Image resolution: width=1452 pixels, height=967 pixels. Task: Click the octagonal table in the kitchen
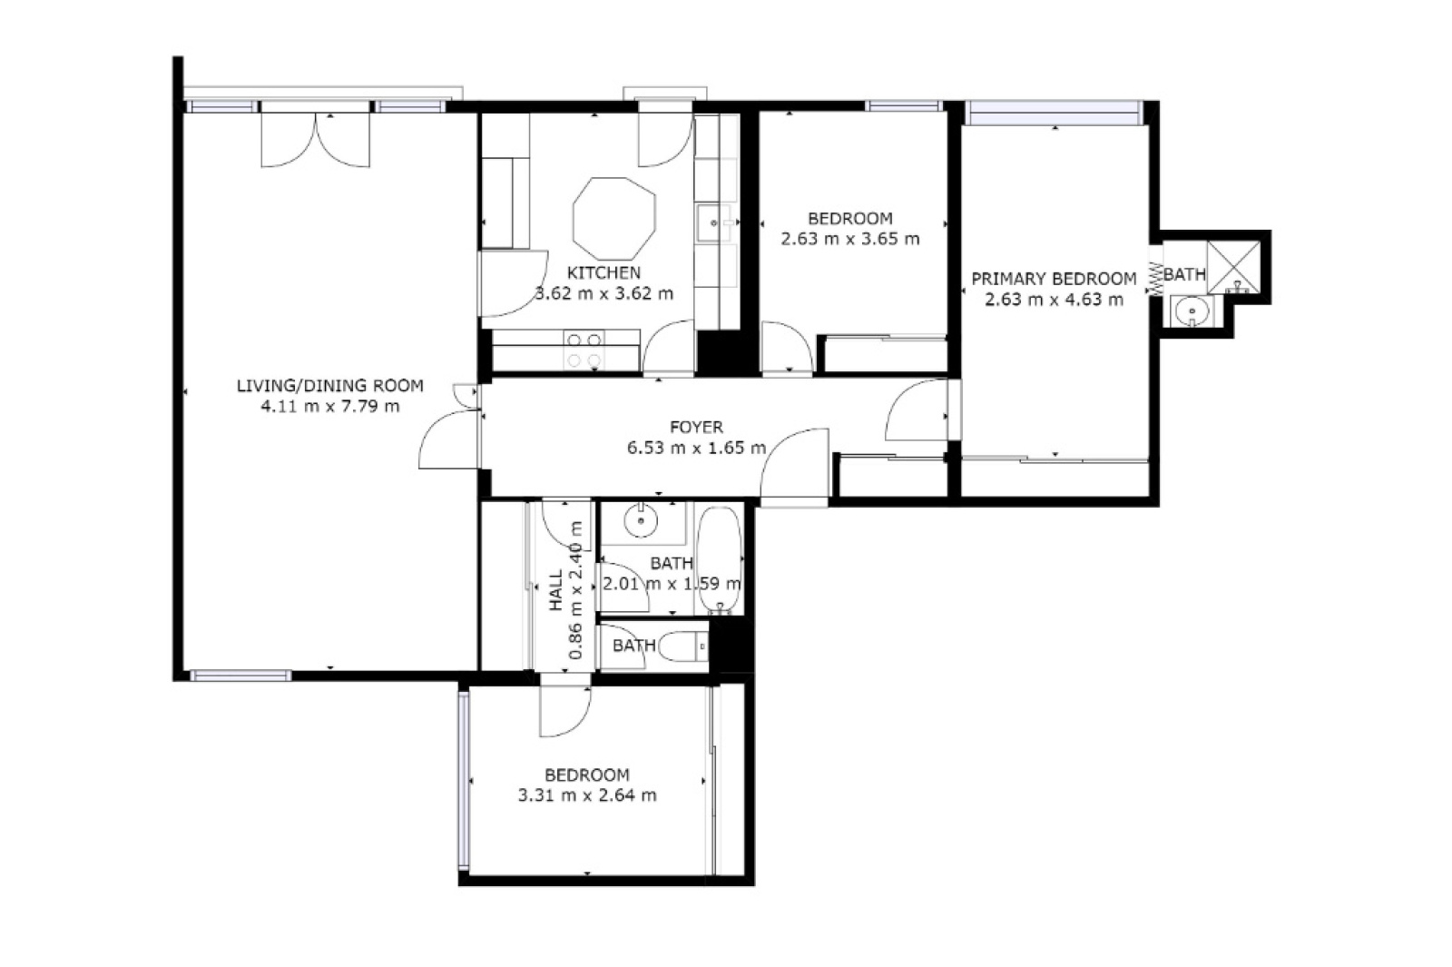pos(613,219)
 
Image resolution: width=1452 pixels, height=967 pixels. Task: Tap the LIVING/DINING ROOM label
pos(330,386)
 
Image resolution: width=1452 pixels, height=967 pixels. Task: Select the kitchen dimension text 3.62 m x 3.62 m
pos(604,294)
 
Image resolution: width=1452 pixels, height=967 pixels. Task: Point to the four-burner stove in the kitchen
pos(584,350)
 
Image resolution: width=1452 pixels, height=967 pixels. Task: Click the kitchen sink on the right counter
pos(713,222)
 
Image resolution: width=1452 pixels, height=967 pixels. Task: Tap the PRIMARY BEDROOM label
pos(1054,279)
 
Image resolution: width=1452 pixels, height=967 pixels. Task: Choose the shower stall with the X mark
pos(1233,267)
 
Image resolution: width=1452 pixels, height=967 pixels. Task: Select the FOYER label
pos(696,428)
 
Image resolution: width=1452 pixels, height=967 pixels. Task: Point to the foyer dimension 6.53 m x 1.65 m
pos(696,448)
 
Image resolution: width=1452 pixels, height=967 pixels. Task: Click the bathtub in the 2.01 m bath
pos(720,560)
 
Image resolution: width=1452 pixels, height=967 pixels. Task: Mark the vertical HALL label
pos(556,590)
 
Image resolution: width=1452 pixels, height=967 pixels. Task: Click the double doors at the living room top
pos(316,140)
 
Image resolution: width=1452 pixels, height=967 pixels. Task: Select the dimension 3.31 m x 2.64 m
pos(587,795)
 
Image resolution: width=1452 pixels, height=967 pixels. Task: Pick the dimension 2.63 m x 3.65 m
pos(849,239)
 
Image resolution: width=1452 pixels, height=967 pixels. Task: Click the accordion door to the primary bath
pos(1155,278)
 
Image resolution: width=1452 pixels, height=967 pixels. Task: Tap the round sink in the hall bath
pos(641,520)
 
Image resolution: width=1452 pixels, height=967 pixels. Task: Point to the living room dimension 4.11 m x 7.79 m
pos(330,407)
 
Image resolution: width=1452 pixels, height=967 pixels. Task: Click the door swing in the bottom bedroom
pos(565,712)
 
